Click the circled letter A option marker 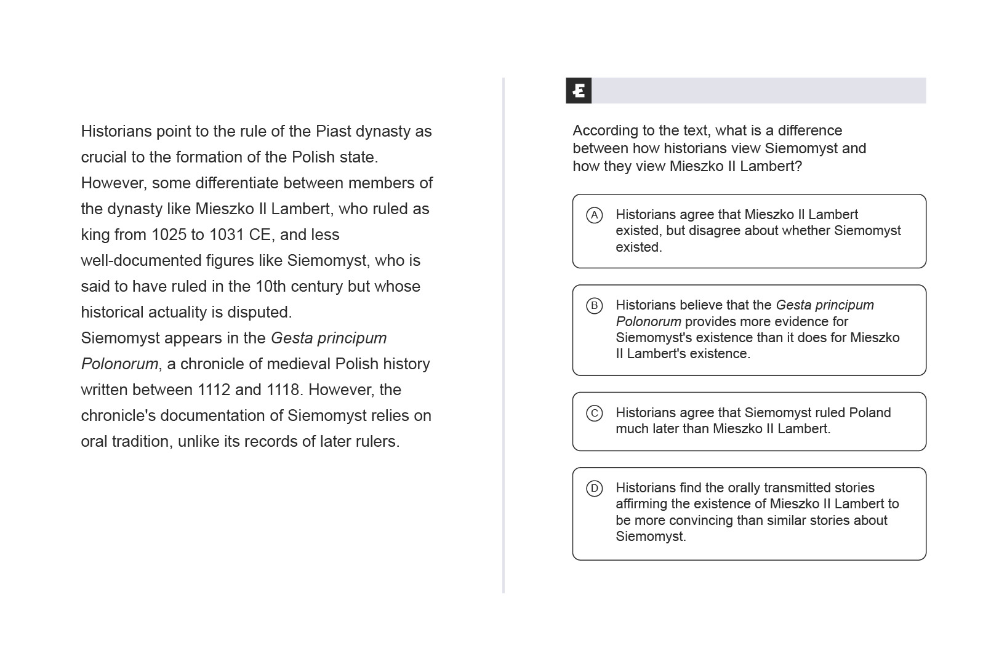coord(594,215)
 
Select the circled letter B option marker coord(594,306)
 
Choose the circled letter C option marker coord(594,413)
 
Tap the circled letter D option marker coord(594,489)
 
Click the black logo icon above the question coord(579,91)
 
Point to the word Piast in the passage coord(334,132)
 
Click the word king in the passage coord(95,235)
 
